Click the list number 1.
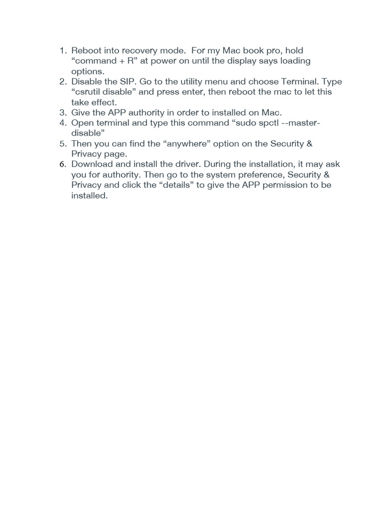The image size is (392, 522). [63, 50]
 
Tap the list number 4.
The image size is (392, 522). [63, 123]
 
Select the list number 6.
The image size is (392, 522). [63, 164]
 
